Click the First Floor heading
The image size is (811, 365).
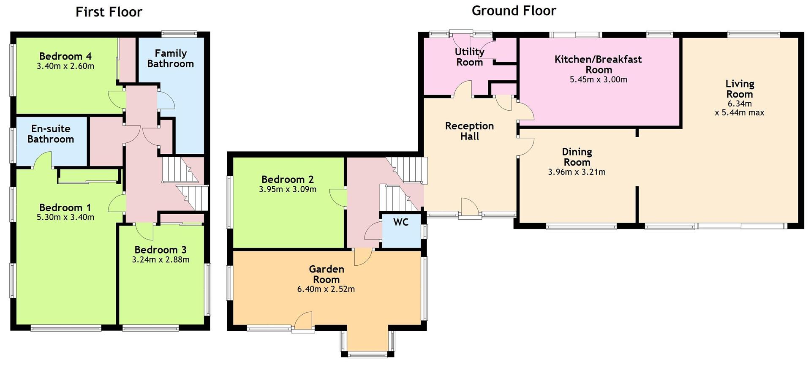point(109,12)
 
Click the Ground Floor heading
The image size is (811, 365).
point(514,11)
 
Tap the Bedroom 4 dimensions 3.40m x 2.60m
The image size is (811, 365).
point(65,66)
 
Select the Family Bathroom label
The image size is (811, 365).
point(171,59)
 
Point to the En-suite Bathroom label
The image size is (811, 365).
point(51,134)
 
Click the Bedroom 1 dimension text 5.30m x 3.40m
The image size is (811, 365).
point(65,218)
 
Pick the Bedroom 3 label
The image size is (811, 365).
point(161,250)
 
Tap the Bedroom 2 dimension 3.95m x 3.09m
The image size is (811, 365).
point(288,190)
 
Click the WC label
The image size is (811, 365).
point(401,222)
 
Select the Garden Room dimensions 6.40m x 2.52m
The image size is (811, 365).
point(326,289)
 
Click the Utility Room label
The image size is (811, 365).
point(469,57)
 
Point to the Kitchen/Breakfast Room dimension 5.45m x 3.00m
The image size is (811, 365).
point(598,79)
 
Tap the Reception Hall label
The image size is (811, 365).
point(469,131)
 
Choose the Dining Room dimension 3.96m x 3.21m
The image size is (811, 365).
point(577,172)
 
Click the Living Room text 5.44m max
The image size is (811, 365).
point(739,113)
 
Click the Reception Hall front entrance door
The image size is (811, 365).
point(469,208)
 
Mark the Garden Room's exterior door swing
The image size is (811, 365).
point(303,321)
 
